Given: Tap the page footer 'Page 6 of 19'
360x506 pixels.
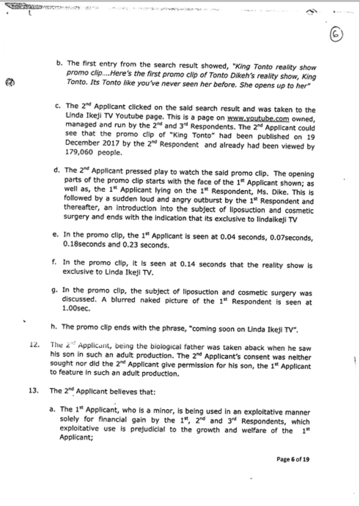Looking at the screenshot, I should click(x=293, y=459).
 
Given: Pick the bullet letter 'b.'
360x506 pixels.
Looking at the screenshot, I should click(x=59, y=64).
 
